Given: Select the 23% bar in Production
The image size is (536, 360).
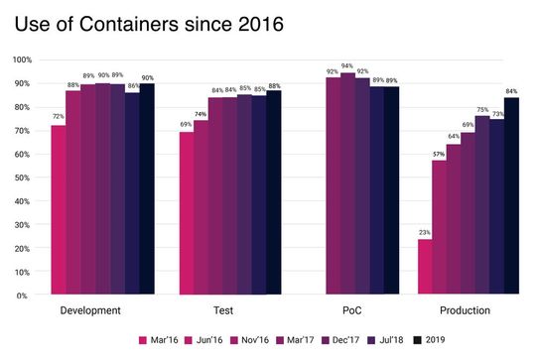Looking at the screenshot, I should (x=425, y=268).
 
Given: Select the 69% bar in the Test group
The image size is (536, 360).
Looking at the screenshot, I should (x=187, y=213).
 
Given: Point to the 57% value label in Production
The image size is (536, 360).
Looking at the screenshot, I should (x=439, y=154).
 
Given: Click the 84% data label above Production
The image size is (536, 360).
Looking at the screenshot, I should (x=512, y=91).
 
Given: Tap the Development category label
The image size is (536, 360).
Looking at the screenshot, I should (x=90, y=310).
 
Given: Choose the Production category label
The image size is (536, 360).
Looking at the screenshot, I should (x=466, y=310).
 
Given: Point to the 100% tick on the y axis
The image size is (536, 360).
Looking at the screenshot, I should (x=21, y=60).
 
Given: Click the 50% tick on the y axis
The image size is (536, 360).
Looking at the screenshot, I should (x=23, y=178).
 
